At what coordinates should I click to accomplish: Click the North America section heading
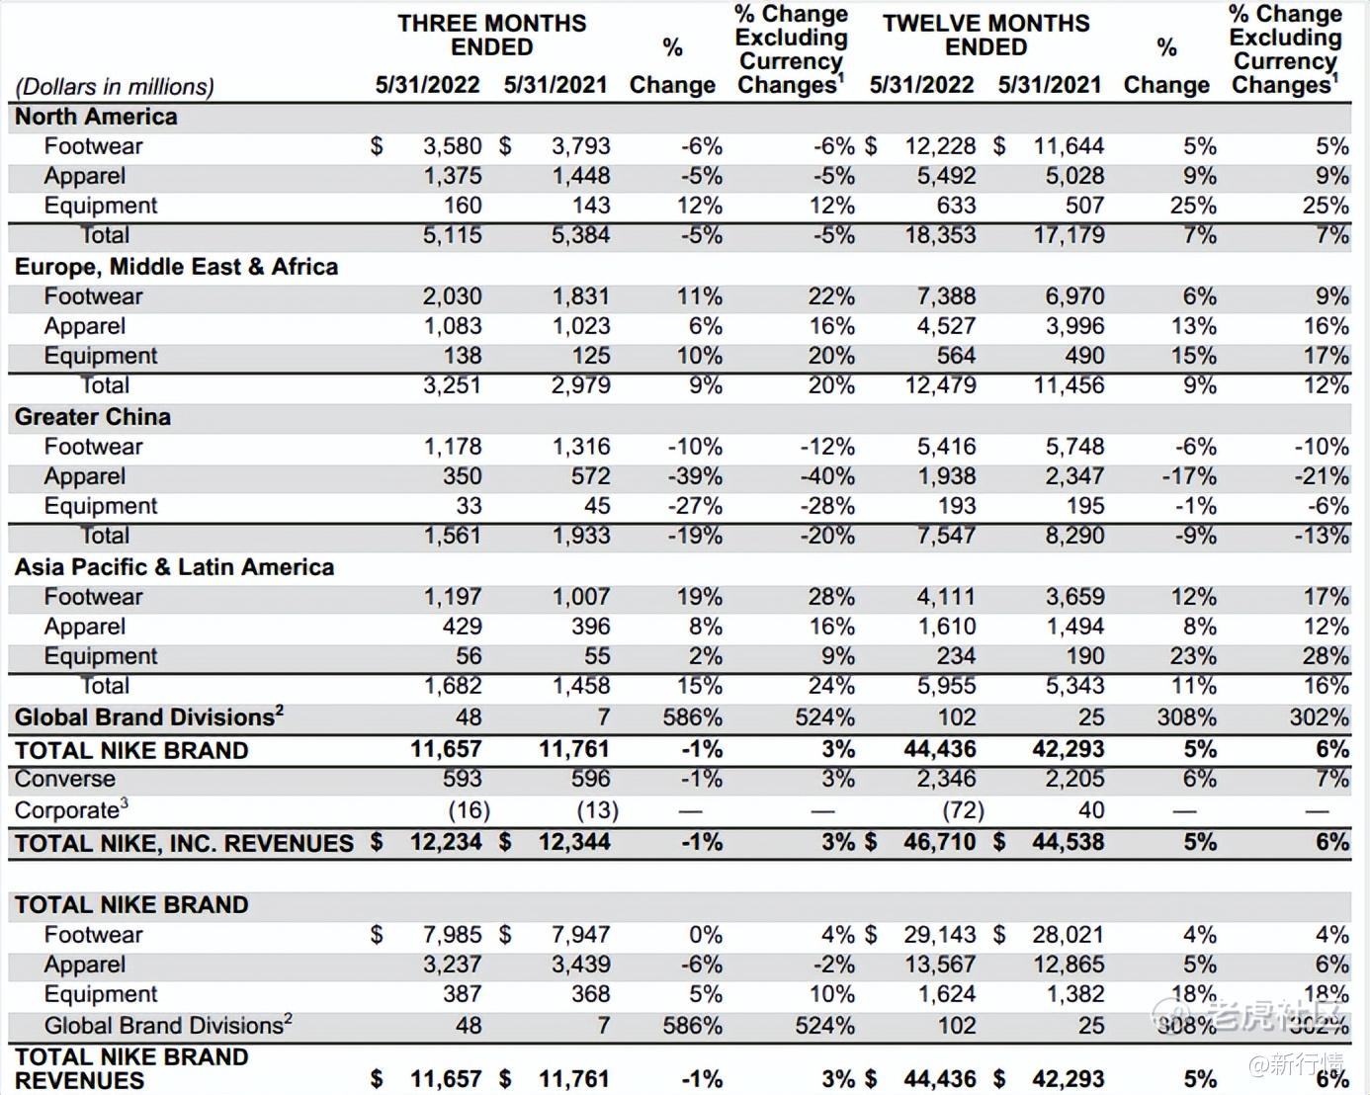coord(96,117)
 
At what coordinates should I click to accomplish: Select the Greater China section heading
coord(92,417)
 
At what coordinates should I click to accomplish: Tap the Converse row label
coord(64,779)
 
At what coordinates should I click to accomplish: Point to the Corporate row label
coord(70,810)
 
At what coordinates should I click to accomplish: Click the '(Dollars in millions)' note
coord(114,87)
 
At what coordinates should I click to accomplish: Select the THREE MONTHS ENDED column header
coord(491,35)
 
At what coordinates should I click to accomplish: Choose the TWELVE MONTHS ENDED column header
coord(985,35)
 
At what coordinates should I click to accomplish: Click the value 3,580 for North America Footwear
coord(453,146)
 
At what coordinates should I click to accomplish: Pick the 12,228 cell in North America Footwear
coord(940,146)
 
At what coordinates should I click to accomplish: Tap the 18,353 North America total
coord(940,235)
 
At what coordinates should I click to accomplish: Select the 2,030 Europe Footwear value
coord(453,296)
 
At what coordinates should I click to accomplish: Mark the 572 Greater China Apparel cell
coord(590,476)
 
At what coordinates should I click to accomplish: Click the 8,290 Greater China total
coord(1074,536)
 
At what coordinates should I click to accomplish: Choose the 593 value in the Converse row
coord(462,779)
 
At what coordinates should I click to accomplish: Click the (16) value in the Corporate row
coord(469,810)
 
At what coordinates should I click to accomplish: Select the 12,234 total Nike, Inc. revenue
coord(446,842)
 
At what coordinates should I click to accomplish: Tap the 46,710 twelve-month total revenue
coord(939,842)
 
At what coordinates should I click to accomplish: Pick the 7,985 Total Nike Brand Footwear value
coord(453,935)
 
